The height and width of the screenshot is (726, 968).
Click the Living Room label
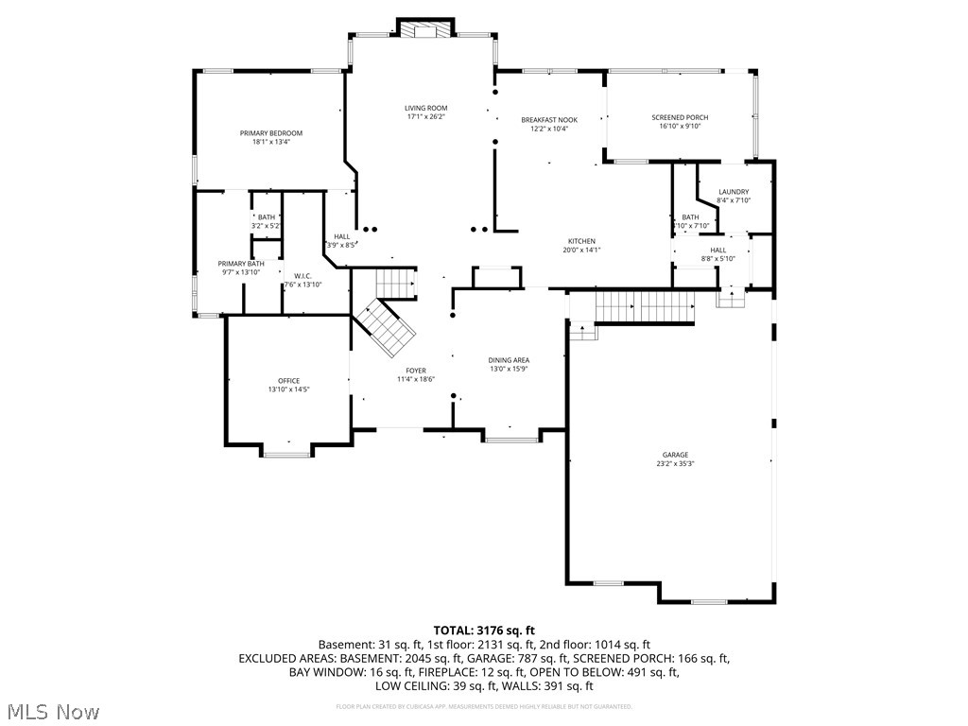425,108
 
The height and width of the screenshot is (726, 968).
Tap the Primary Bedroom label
270,133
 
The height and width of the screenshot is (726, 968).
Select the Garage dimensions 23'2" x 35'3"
675,464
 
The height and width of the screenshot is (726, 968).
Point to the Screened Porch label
680,117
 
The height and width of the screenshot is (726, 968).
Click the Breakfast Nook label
549,120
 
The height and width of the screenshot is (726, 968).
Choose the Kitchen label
581,240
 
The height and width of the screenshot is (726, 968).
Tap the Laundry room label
734,192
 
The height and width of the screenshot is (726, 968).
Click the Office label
288,381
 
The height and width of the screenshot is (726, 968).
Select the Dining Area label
509,360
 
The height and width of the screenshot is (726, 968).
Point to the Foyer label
416,371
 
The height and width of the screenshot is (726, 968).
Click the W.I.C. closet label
302,275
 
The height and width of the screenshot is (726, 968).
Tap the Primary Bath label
241,264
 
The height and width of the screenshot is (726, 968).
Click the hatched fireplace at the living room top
424,30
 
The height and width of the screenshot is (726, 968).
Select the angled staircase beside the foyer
386,327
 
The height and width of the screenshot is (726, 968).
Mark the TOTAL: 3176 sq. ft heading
484,630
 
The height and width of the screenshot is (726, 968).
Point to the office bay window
286,453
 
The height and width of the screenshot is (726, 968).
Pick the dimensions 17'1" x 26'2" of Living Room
425,117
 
